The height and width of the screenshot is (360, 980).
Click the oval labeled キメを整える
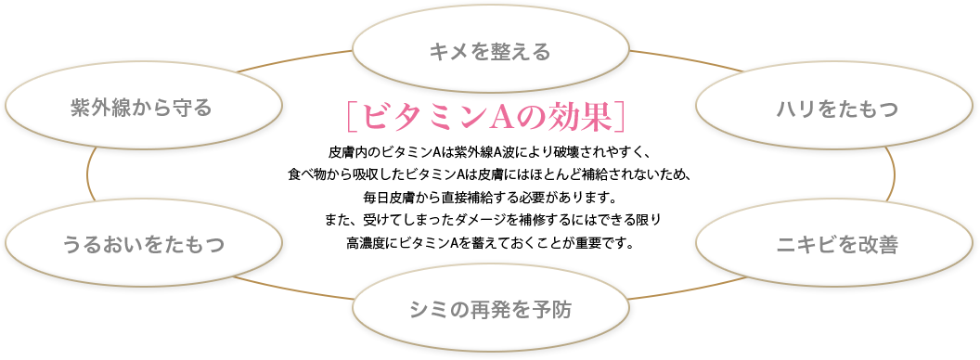point(490,51)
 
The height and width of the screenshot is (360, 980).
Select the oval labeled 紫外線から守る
point(143,109)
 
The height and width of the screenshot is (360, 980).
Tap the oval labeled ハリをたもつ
point(837,109)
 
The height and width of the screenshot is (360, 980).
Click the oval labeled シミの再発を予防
point(490,310)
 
